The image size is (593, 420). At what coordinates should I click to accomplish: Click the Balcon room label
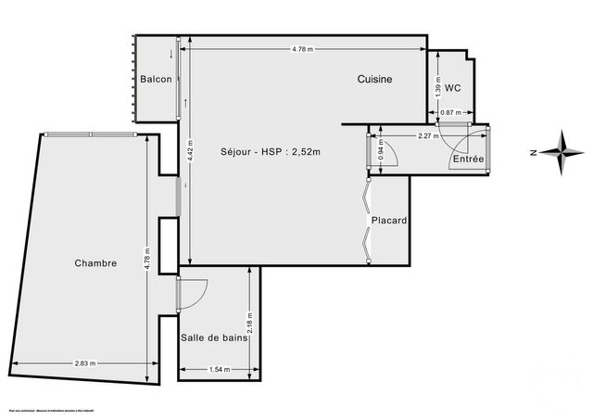tap(156, 80)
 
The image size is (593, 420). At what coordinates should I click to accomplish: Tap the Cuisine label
tap(375, 80)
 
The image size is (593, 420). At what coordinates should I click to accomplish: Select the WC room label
tap(453, 88)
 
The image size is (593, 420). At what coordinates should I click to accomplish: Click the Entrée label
tap(468, 159)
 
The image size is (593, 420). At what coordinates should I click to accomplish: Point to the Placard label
tap(390, 221)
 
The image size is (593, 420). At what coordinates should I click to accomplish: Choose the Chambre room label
tap(96, 263)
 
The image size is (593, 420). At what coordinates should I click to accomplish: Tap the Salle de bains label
tap(213, 339)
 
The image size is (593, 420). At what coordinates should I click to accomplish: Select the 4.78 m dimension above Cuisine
tap(303, 48)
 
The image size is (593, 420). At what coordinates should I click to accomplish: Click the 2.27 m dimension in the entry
tap(427, 136)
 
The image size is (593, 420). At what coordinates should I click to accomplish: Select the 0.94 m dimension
tap(380, 151)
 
